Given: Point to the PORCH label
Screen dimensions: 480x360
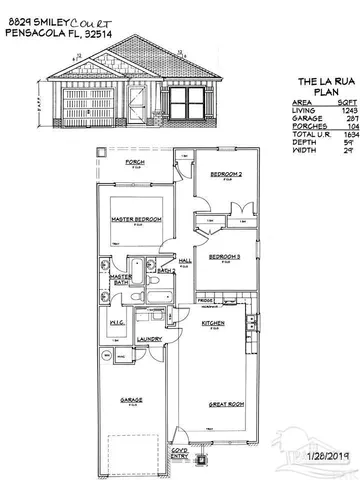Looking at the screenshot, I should pyautogui.click(x=133, y=161).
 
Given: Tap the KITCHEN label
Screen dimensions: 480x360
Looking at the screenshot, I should pyautogui.click(x=211, y=325).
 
